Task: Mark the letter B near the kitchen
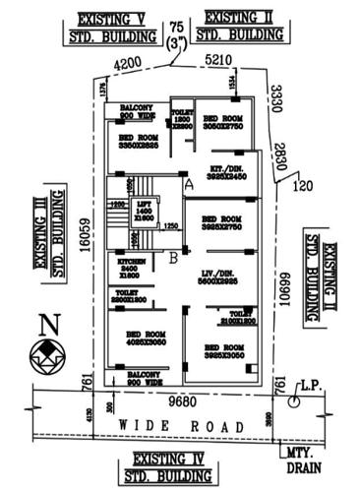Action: pos(174,258)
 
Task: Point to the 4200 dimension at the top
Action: pos(129,64)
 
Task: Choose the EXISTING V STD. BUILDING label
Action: pos(114,27)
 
